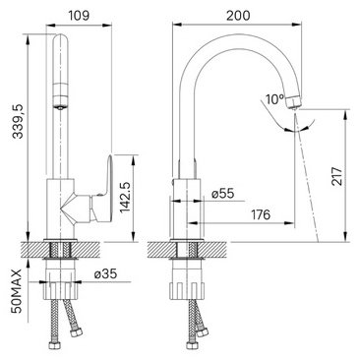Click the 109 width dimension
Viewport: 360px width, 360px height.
click(79, 16)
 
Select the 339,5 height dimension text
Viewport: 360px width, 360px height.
click(19, 121)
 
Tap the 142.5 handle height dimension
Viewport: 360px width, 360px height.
click(125, 198)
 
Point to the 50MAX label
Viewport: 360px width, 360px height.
click(17, 291)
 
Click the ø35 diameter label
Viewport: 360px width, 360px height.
click(105, 273)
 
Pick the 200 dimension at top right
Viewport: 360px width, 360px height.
click(238, 16)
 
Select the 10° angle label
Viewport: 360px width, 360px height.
click(274, 99)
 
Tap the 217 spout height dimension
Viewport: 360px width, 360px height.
click(337, 176)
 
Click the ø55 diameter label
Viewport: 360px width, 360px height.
click(223, 193)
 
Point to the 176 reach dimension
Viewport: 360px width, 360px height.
click(261, 214)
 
